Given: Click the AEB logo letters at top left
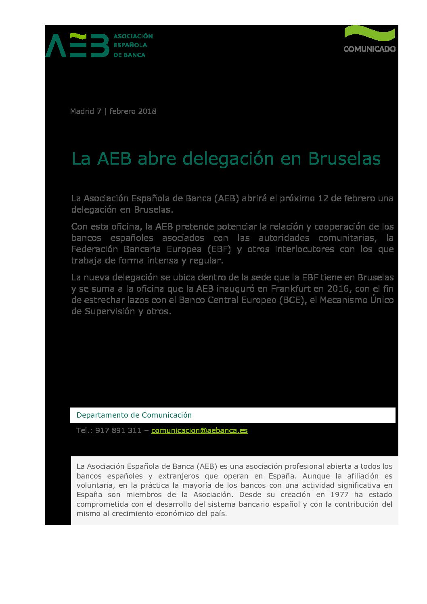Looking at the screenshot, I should [x=77, y=45].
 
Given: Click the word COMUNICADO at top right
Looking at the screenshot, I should [x=369, y=49].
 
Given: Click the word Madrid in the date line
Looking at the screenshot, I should [x=82, y=111].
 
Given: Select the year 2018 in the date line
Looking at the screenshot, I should [x=147, y=111].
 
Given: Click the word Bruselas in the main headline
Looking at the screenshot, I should [x=344, y=159].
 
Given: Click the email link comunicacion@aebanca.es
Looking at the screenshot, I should [x=199, y=430].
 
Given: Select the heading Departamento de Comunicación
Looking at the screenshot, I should [x=134, y=415].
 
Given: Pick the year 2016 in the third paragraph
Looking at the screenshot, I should [x=337, y=289].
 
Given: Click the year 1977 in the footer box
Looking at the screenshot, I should [x=339, y=495].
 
